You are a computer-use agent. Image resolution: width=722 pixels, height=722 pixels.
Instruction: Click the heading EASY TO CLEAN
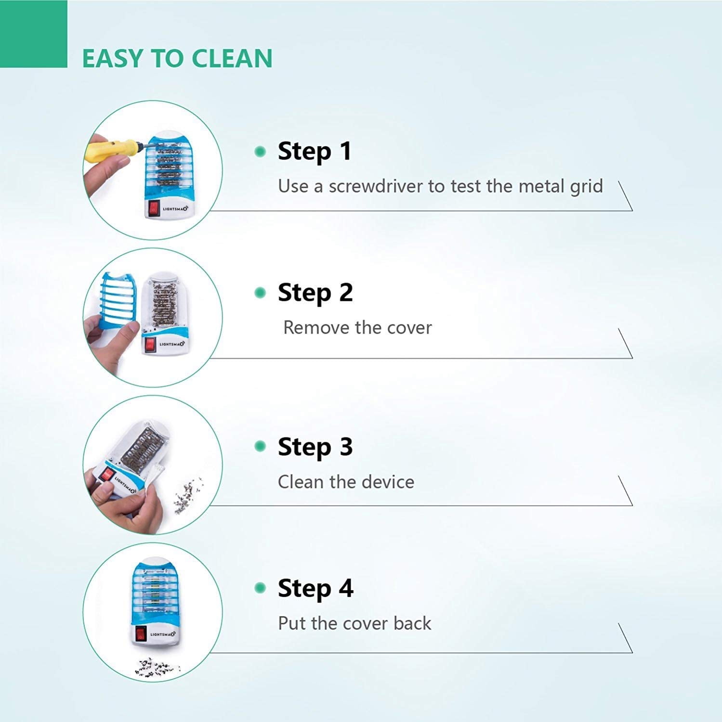[x=177, y=58]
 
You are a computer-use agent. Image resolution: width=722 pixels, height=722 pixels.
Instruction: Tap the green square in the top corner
[x=33, y=34]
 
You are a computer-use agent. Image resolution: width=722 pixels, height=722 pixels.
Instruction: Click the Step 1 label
[x=315, y=151]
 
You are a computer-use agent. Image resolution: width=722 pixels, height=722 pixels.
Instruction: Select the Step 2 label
[x=315, y=293]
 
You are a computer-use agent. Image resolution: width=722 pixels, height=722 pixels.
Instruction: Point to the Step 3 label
[x=315, y=447]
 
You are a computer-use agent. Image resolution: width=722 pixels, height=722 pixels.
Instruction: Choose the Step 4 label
[x=315, y=588]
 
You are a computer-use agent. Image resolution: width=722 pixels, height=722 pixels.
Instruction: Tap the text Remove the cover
[x=357, y=328]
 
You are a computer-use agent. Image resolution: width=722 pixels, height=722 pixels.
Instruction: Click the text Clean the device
[x=346, y=482]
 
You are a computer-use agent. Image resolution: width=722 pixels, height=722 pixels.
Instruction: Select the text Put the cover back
[x=354, y=623]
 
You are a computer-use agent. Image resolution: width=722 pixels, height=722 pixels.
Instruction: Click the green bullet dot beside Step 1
[x=260, y=152]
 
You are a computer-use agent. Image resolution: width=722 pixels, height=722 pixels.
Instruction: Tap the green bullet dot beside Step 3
[x=260, y=447]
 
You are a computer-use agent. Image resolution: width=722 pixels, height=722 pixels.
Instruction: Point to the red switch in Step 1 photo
[x=154, y=207]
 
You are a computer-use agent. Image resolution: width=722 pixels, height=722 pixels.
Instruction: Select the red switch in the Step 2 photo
[x=150, y=344]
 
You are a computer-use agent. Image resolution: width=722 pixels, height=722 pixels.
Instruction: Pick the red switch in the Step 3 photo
[x=107, y=476]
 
